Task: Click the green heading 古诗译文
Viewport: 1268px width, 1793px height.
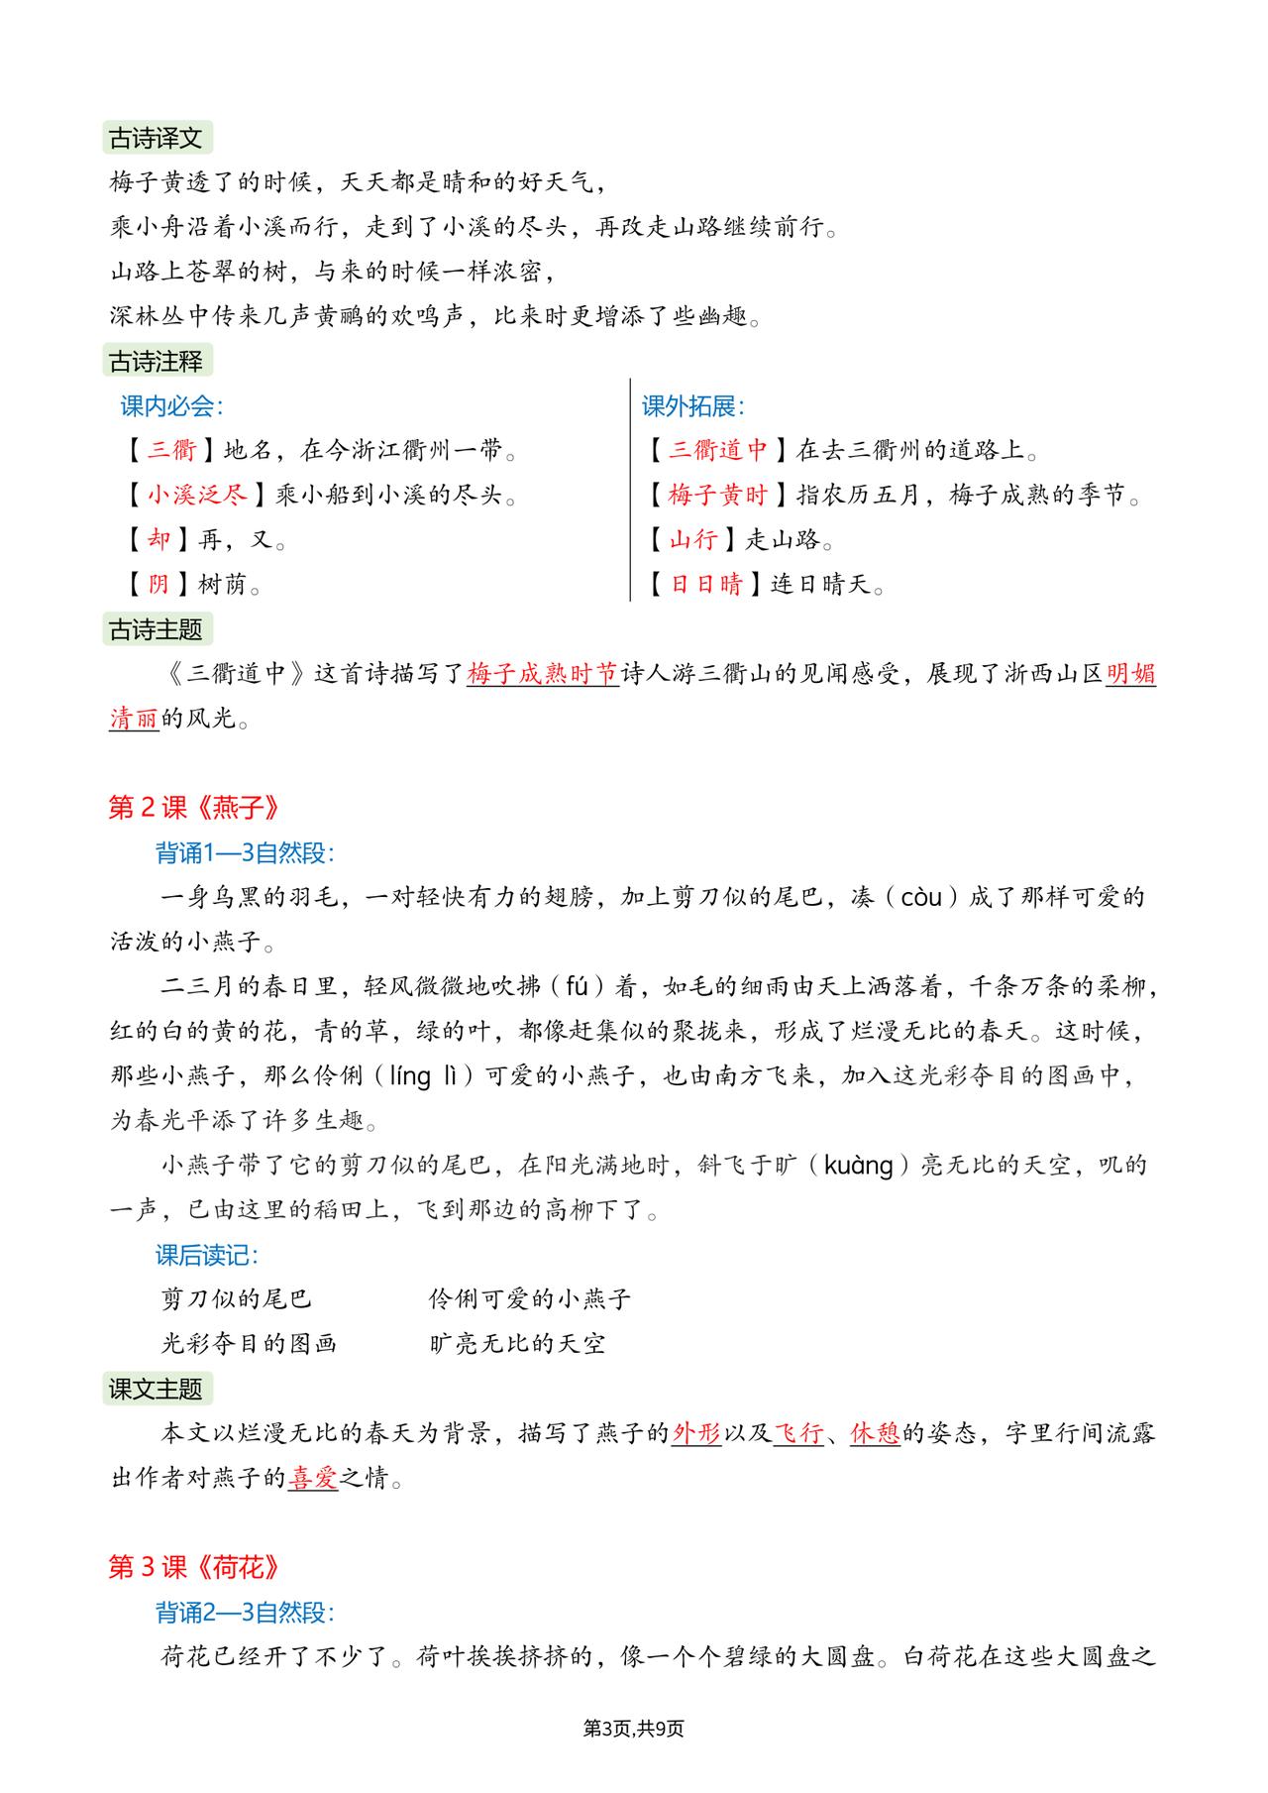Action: click(x=157, y=138)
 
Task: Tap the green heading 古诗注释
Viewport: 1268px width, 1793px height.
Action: click(x=157, y=362)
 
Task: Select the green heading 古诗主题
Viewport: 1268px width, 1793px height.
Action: click(x=157, y=629)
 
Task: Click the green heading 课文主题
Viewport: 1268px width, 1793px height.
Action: click(x=157, y=1389)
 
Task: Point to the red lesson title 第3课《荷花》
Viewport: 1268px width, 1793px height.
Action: click(x=194, y=1567)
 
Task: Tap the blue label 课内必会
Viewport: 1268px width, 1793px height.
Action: click(x=170, y=406)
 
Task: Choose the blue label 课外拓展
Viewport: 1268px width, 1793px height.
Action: click(x=692, y=406)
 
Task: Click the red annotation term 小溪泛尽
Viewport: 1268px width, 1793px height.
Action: click(x=197, y=495)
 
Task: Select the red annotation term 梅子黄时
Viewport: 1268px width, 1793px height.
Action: click(x=718, y=495)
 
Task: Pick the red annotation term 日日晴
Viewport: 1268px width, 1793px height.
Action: click(x=706, y=585)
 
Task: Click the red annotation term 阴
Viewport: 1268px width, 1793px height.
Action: click(x=158, y=585)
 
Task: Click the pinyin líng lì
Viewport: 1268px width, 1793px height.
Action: click(x=430, y=1076)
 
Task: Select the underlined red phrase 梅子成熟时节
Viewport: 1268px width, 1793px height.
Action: click(x=542, y=674)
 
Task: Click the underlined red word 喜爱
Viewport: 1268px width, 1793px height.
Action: click(x=313, y=1480)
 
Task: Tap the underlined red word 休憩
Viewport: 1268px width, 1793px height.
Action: click(x=875, y=1434)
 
